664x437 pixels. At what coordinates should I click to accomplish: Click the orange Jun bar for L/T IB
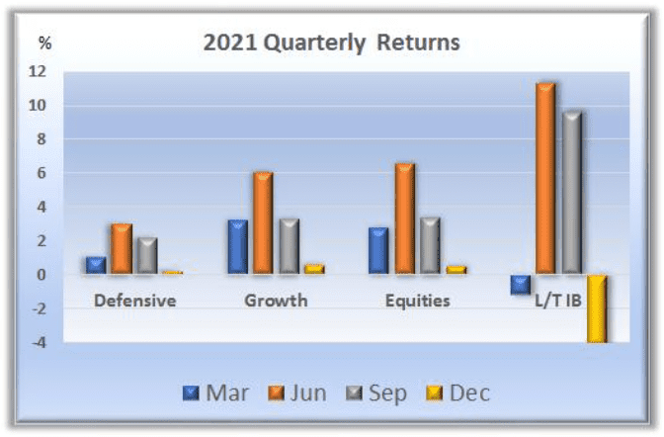pos(545,178)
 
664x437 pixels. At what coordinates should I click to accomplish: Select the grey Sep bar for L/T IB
pos(572,193)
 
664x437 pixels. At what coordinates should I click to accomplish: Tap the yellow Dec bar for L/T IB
pos(597,308)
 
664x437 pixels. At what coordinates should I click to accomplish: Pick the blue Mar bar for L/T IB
pos(521,285)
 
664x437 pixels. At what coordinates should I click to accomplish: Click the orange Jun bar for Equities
pos(405,218)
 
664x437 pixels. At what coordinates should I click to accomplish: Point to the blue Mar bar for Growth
pos(238,247)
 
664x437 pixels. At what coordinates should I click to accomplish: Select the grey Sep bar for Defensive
pos(147,256)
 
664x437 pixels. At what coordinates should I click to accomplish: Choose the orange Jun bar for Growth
pos(263,223)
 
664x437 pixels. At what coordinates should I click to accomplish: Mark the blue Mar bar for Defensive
pos(96,265)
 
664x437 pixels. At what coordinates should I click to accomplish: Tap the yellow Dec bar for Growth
pos(314,269)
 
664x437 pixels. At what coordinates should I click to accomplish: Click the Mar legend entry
pos(215,393)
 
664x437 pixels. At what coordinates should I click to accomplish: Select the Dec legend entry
pos(457,393)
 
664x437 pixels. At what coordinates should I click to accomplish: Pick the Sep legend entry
pos(376,393)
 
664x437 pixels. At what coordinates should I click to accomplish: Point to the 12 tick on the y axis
pos(38,71)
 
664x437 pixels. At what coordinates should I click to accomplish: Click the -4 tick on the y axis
pos(39,342)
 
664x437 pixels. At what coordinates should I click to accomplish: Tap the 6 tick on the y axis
pos(41,173)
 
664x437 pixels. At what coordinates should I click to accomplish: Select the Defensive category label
pos(135,301)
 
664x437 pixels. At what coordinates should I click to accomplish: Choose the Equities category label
pos(418,301)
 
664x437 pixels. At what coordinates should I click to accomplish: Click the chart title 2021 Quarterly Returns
pos(332,43)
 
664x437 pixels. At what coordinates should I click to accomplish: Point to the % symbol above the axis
pos(44,43)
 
